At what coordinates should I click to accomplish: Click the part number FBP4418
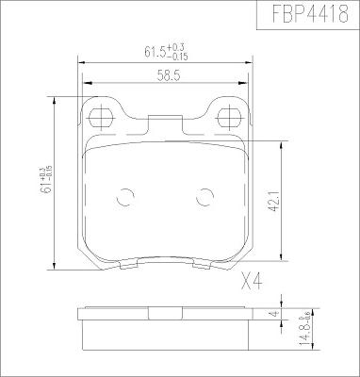pos(310,13)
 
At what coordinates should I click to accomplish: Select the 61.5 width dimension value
pos(155,52)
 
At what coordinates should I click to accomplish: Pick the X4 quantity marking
pos(252,281)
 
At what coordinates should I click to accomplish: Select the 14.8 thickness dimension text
pos(303,336)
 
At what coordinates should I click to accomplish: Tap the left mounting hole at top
pos(101,118)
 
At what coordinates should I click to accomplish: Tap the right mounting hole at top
pos(230,118)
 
